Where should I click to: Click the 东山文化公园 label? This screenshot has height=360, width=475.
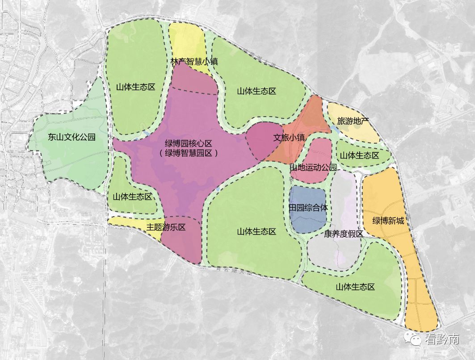71,137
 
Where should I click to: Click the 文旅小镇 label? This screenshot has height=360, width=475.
289,138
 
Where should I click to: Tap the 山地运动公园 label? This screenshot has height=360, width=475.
313,167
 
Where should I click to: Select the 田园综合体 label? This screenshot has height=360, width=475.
308,208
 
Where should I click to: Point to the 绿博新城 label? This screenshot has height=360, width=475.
388,221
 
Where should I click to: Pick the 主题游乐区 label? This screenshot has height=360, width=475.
166,227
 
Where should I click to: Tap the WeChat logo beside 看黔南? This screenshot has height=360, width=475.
414,339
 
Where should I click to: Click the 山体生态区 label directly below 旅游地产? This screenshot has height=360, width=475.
359,155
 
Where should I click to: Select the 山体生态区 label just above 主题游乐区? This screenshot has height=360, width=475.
132,197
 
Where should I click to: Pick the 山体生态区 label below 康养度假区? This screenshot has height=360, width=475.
355,287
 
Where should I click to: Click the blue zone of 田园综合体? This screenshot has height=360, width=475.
308,219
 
